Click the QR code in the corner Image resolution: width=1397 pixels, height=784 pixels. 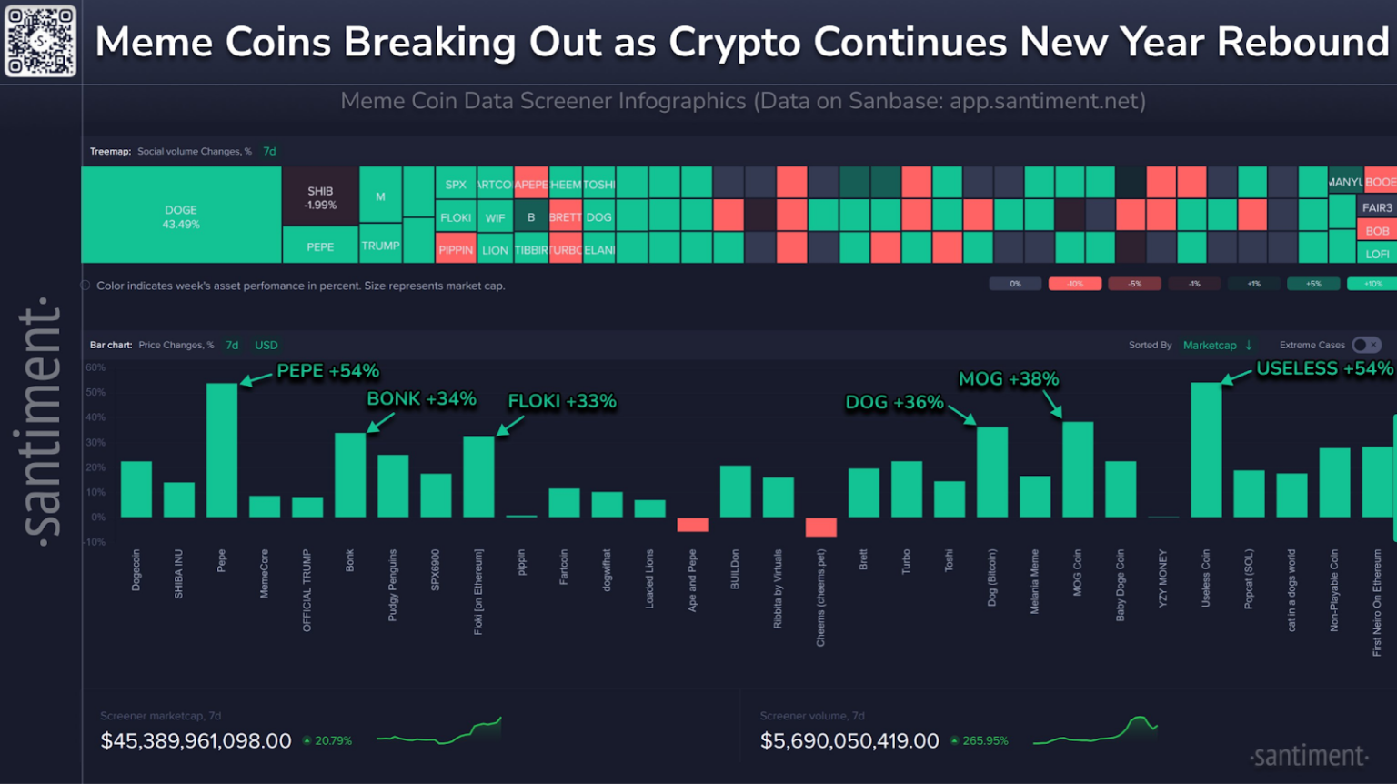point(40,41)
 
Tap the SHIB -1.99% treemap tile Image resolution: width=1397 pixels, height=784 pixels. point(320,198)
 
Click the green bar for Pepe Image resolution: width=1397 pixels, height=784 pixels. point(222,450)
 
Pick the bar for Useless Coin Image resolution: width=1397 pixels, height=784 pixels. point(1206,450)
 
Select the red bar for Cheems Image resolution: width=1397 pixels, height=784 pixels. point(820,527)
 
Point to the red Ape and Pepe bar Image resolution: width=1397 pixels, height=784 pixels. point(692,524)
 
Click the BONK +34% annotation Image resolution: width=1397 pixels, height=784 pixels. point(421,399)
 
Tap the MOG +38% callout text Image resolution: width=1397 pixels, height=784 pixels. point(1009,379)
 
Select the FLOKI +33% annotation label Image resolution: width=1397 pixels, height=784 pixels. point(561,401)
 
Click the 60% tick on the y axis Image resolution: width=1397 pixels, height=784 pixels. point(95,367)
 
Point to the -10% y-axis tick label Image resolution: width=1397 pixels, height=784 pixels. point(95,542)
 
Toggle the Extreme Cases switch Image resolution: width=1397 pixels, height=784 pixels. point(1366,345)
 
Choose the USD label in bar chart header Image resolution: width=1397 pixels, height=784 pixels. point(266,345)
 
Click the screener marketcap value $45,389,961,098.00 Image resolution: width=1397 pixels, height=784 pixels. point(196,741)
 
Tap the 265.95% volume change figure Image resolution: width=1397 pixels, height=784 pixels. point(985,741)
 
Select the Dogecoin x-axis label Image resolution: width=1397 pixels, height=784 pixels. point(136,570)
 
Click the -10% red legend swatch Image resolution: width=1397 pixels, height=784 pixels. point(1075,284)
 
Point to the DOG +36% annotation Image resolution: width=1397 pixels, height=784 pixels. point(894,402)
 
